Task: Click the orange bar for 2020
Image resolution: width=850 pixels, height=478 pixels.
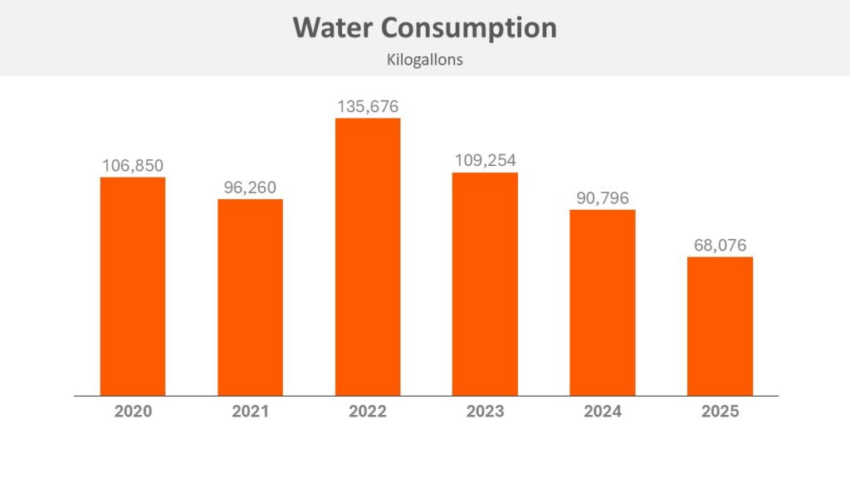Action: click(x=133, y=286)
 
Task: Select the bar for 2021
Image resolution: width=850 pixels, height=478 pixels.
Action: click(x=250, y=297)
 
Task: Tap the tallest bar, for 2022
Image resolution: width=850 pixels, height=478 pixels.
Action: click(x=368, y=257)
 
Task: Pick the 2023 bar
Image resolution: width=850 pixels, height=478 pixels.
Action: click(x=485, y=284)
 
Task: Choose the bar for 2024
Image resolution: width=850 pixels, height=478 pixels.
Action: click(x=603, y=303)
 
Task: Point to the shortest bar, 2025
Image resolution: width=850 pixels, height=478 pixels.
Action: click(x=720, y=326)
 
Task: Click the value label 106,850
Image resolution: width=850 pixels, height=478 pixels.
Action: click(x=133, y=165)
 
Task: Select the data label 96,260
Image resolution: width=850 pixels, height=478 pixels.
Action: click(x=250, y=187)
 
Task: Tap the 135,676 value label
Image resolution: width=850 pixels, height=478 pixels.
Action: click(x=368, y=106)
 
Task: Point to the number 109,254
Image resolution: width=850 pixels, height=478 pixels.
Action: click(x=485, y=160)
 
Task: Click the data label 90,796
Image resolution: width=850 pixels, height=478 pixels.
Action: click(x=603, y=198)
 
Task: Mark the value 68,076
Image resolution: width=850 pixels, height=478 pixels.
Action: click(x=720, y=245)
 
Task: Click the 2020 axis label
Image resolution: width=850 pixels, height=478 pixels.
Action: click(x=133, y=412)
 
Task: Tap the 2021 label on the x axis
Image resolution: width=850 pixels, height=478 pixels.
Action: click(x=250, y=412)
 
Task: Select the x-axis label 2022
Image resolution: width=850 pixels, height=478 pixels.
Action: click(x=368, y=412)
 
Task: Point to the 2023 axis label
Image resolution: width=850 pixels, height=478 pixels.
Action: click(x=485, y=412)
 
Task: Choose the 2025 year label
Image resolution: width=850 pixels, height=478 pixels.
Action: click(x=720, y=412)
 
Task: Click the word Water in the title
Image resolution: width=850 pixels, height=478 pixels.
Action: click(x=332, y=27)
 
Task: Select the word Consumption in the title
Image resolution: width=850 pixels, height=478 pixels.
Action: click(x=469, y=27)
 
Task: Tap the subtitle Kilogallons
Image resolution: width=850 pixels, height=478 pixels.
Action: click(x=424, y=60)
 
